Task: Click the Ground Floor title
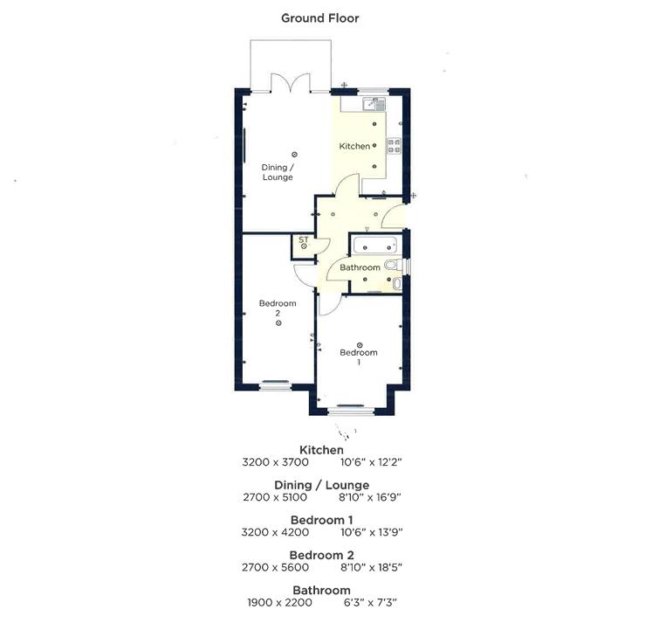[319, 17]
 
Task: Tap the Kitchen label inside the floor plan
[354, 146]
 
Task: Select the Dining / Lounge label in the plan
[278, 172]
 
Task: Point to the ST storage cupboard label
[303, 239]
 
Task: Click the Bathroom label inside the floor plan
[360, 267]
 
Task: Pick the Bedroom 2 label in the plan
[278, 308]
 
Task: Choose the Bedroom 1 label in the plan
[359, 357]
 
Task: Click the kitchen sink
[374, 105]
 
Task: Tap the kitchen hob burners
[394, 146]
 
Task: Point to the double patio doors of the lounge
[290, 84]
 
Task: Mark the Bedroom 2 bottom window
[274, 382]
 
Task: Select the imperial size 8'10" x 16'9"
[370, 496]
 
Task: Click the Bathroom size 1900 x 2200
[278, 601]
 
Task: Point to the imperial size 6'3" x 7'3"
[370, 601]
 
